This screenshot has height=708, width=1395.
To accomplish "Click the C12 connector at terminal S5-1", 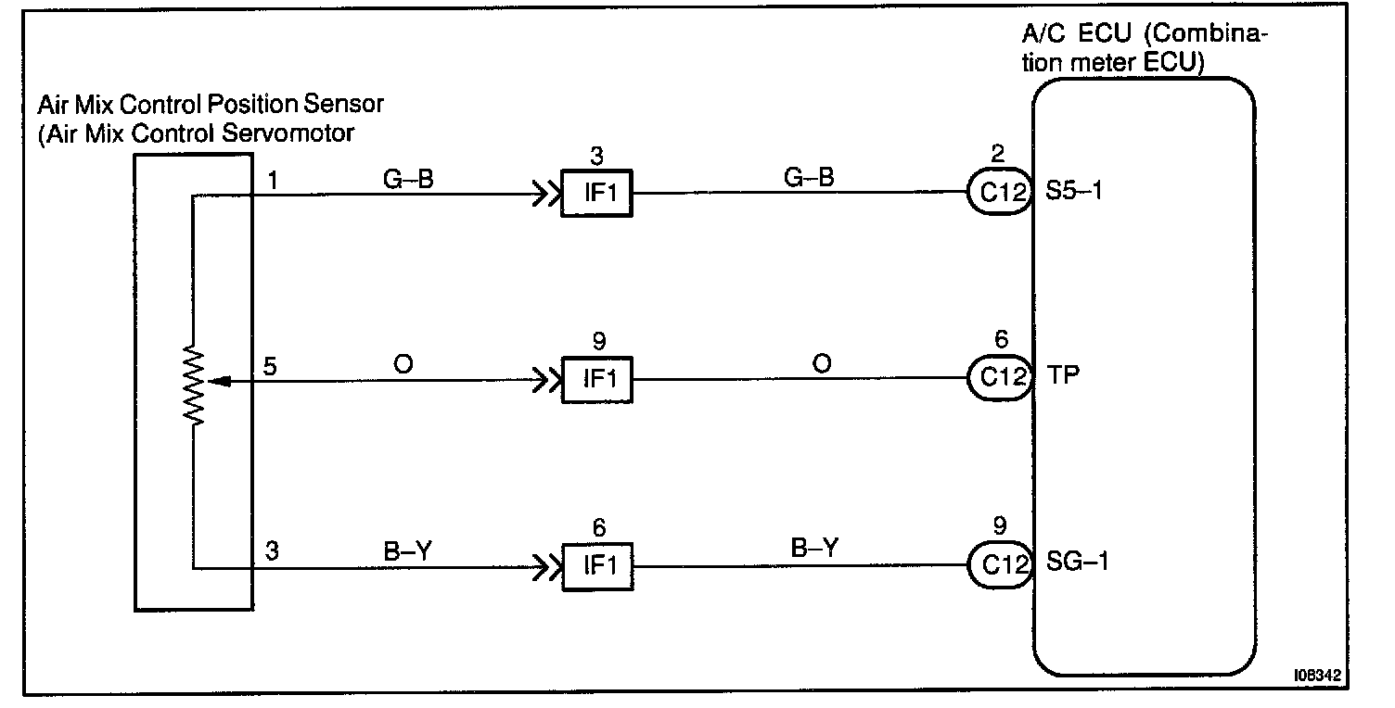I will coord(1001,194).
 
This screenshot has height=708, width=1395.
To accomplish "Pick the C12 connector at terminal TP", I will coord(1001,377).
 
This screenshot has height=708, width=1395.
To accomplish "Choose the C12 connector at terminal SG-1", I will coord(1001,563).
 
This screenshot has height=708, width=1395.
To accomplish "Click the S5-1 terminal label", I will coord(1078,193).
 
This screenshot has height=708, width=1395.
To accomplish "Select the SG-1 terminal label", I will coord(1079,562).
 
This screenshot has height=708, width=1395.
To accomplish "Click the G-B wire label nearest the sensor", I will coord(409,179).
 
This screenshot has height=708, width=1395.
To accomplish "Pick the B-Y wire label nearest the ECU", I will coord(814,548).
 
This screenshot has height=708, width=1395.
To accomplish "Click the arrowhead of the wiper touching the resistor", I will coord(212,379).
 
